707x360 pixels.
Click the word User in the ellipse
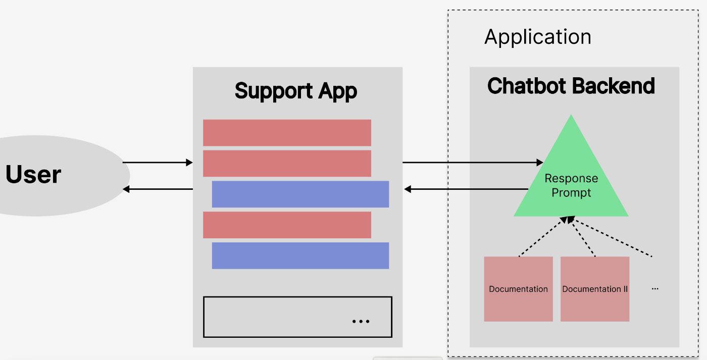[33, 174]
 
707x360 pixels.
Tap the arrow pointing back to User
[158, 189]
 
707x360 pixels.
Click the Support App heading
[296, 91]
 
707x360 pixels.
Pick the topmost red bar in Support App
[287, 133]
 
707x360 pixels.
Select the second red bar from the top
[287, 163]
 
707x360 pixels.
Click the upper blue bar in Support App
[300, 194]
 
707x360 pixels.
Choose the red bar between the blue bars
[287, 225]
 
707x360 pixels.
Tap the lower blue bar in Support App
[300, 255]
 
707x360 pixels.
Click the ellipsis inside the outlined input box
[361, 321]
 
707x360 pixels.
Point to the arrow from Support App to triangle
[472, 163]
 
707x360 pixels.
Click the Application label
[537, 37]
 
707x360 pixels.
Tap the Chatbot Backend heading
[571, 86]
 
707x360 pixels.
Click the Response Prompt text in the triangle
[571, 185]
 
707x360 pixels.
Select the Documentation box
[518, 289]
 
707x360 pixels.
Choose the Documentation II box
[595, 289]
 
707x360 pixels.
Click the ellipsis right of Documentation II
[655, 289]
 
